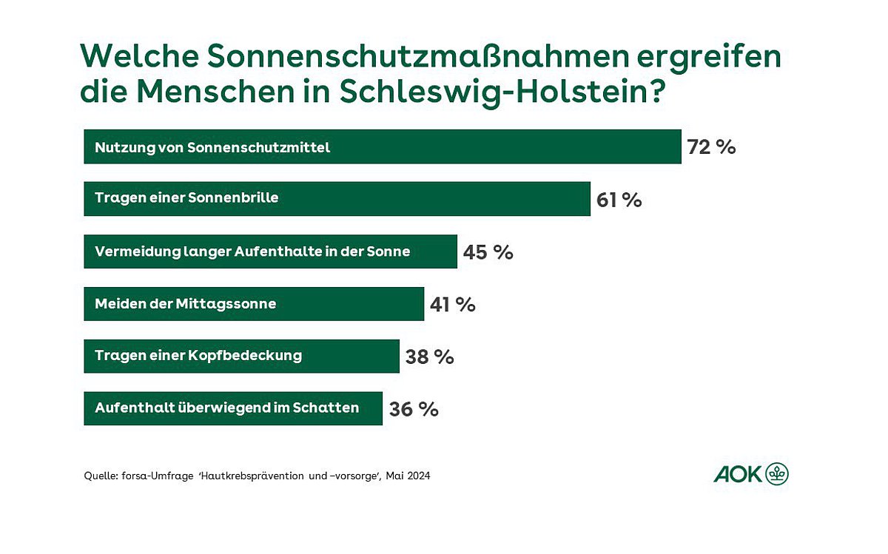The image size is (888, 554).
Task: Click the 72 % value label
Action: tap(711, 147)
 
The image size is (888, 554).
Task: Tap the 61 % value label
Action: tap(619, 200)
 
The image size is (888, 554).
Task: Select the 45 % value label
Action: tap(488, 252)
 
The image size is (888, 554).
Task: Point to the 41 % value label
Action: tap(453, 304)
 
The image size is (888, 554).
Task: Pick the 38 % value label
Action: tap(430, 357)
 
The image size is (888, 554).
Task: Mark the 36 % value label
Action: tap(414, 409)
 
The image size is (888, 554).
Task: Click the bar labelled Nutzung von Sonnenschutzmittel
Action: tap(383, 146)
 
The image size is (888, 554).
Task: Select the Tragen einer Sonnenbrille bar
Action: tap(337, 199)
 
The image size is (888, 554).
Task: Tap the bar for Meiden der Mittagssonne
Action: tap(254, 304)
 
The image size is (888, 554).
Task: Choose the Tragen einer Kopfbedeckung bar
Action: tap(242, 357)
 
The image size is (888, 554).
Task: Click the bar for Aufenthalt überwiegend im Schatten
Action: tap(233, 408)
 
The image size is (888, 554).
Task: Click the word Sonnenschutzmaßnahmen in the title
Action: tap(418, 56)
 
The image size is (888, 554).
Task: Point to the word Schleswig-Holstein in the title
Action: tap(502, 92)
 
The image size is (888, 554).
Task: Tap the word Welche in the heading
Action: tap(140, 56)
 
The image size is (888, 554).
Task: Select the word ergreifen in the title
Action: tap(709, 58)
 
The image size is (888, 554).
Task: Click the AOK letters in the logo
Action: tap(738, 474)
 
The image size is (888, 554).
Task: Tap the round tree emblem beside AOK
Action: tap(776, 473)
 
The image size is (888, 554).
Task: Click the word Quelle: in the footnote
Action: tap(101, 476)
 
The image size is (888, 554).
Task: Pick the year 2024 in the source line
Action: tap(419, 476)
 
